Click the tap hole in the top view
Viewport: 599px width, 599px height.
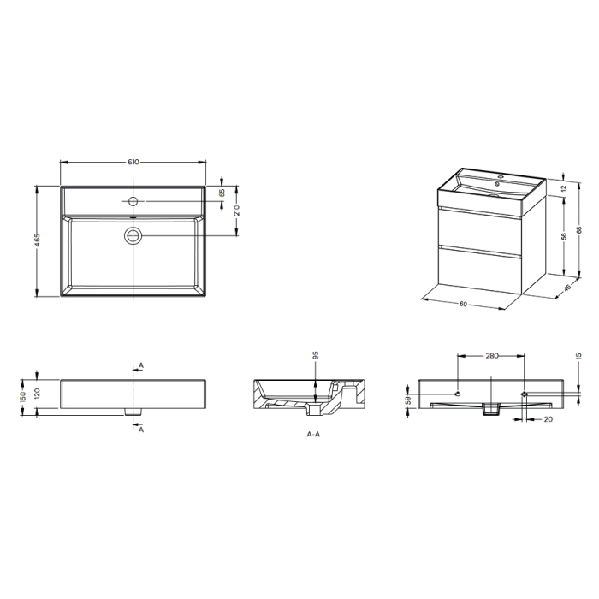[133, 202]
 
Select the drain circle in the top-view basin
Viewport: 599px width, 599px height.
[133, 234]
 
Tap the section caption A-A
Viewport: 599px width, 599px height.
[313, 435]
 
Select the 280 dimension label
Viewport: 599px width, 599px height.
[491, 353]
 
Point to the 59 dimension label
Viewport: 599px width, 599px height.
[407, 398]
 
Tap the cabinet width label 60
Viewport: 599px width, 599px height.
[462, 304]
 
